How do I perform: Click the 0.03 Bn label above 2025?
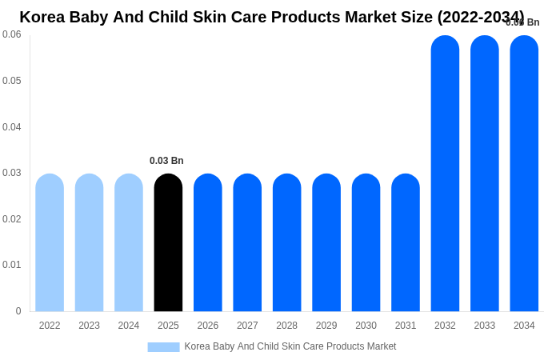point(166,161)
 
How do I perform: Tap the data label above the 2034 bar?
point(523,22)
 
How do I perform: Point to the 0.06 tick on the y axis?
point(12,34)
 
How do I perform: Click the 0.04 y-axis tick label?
point(12,127)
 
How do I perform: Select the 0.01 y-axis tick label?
point(12,265)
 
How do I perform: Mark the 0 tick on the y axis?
point(18,311)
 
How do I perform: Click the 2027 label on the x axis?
point(247,326)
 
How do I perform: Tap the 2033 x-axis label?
point(485,326)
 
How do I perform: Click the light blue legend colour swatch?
point(163,347)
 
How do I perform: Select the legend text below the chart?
point(290,346)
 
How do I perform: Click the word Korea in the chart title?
point(42,17)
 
